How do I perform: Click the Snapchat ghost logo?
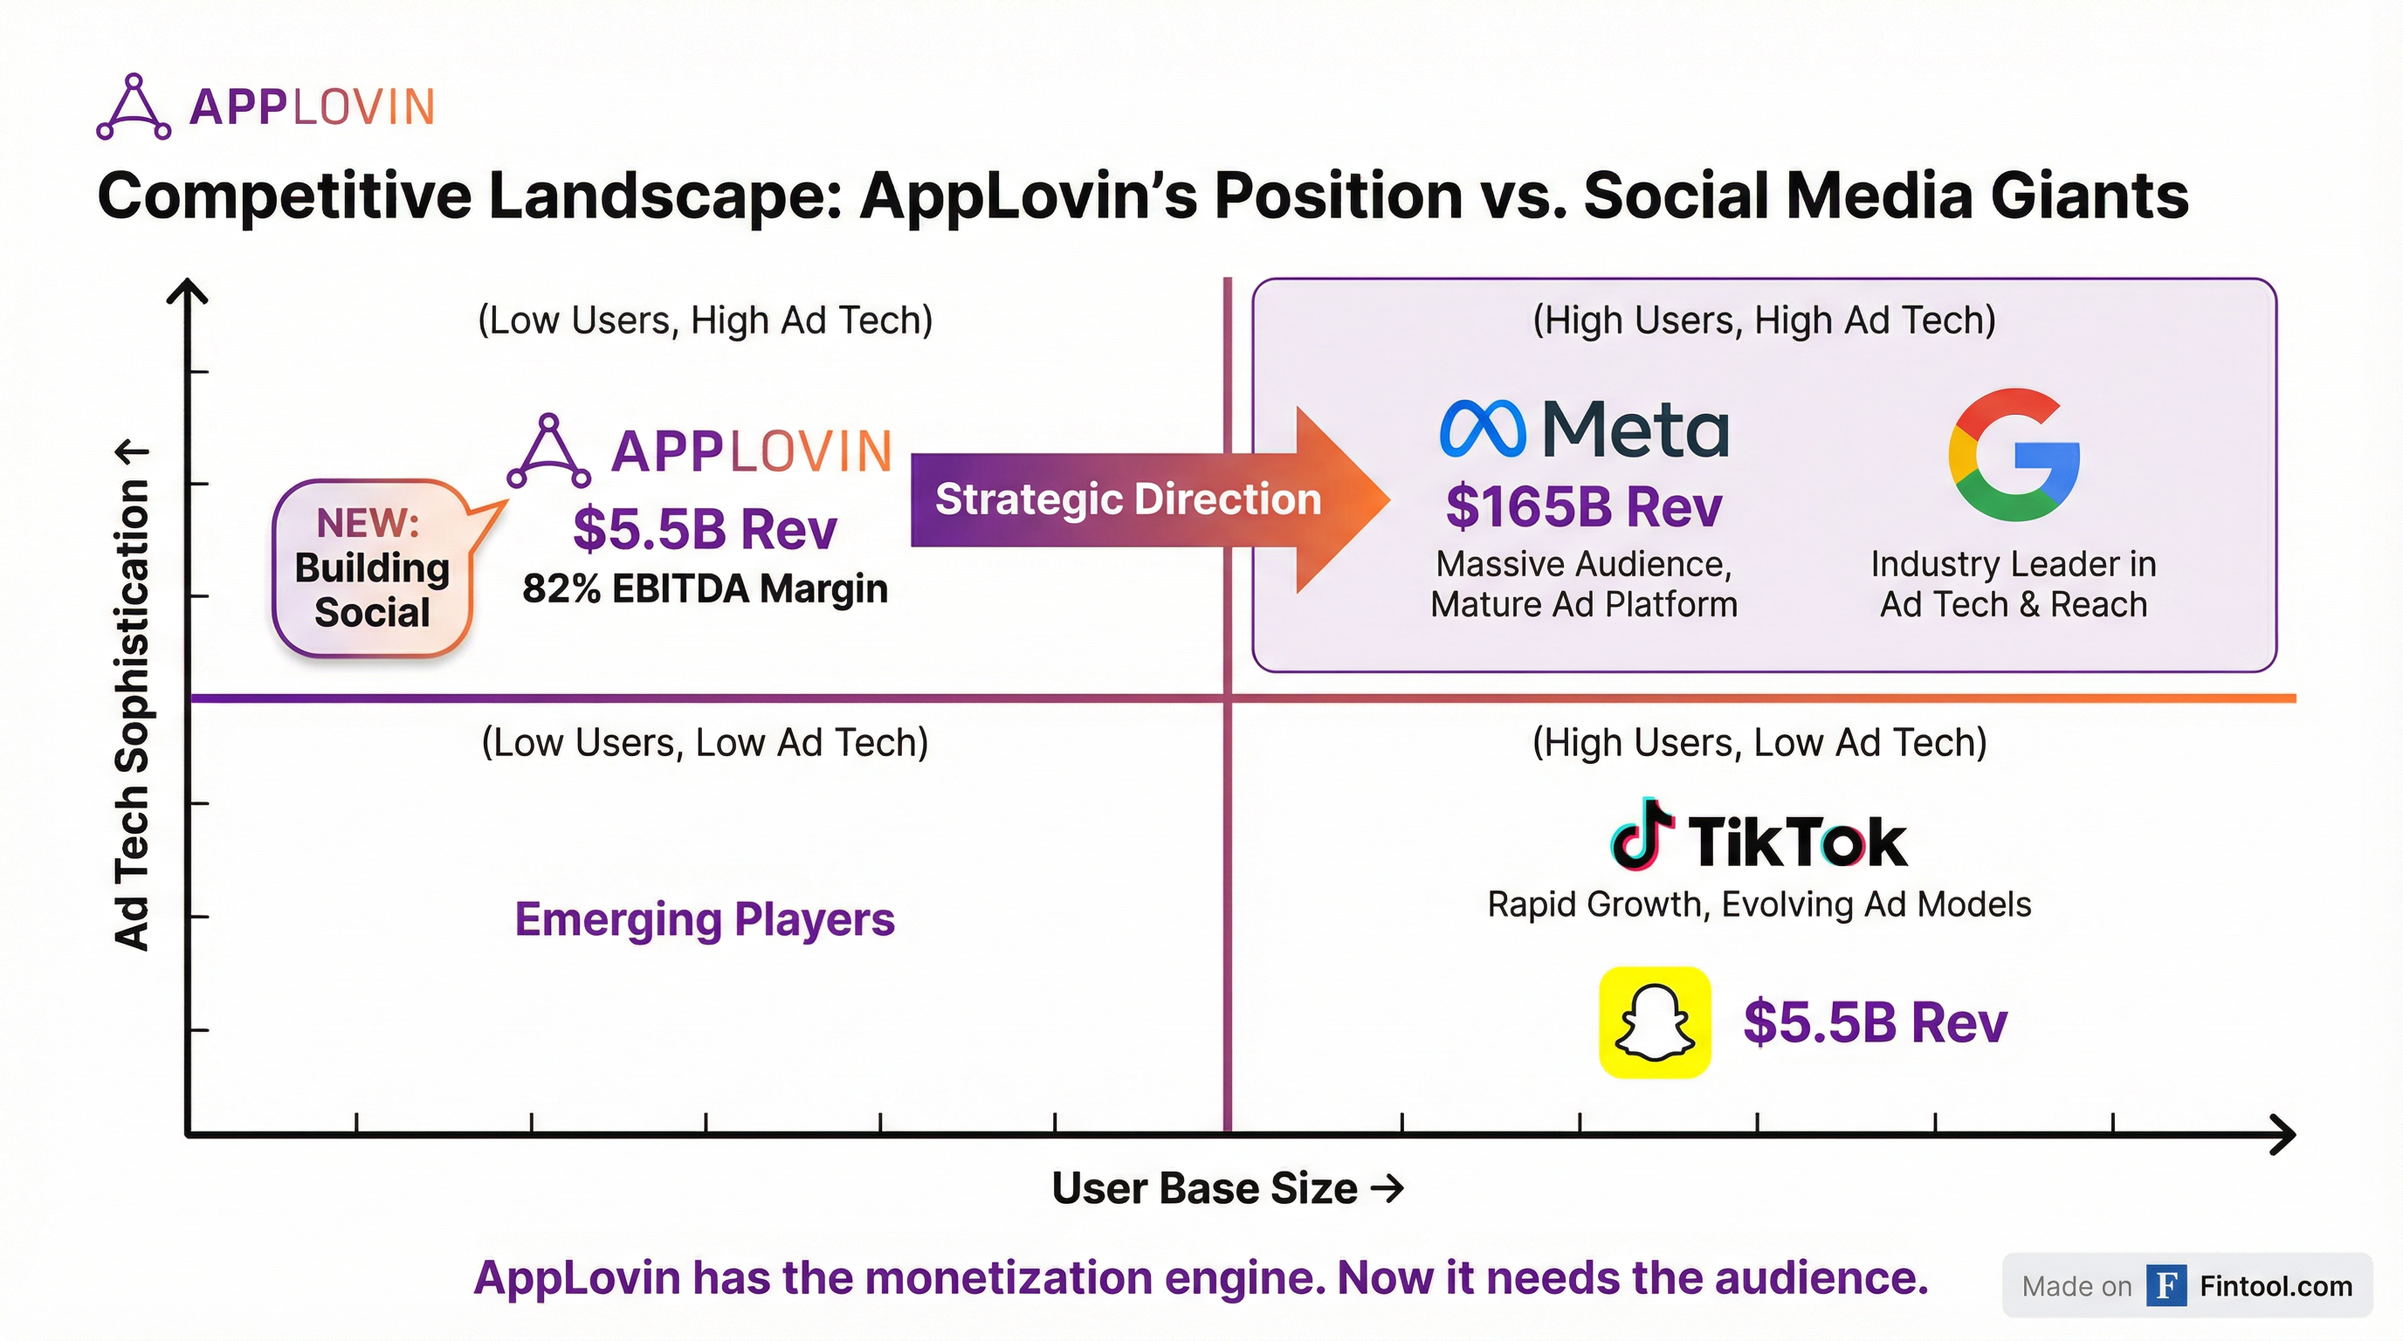[x=1654, y=1022]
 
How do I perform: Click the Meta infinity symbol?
[x=1483, y=430]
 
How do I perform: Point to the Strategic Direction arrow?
[x=1147, y=500]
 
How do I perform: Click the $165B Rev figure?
[x=1583, y=507]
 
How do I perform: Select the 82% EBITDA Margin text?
[x=705, y=589]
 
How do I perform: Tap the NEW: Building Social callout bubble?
[x=372, y=568]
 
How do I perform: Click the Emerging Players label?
[x=705, y=919]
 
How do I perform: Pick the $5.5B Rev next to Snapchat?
[x=1874, y=1022]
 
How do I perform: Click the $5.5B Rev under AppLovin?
[x=705, y=529]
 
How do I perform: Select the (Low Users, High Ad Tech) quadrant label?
[x=706, y=320]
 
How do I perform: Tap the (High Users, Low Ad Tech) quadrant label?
[x=1759, y=742]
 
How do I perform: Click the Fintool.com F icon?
[x=2166, y=1286]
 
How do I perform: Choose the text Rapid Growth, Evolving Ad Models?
[x=1759, y=904]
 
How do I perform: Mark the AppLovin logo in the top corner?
[x=265, y=107]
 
